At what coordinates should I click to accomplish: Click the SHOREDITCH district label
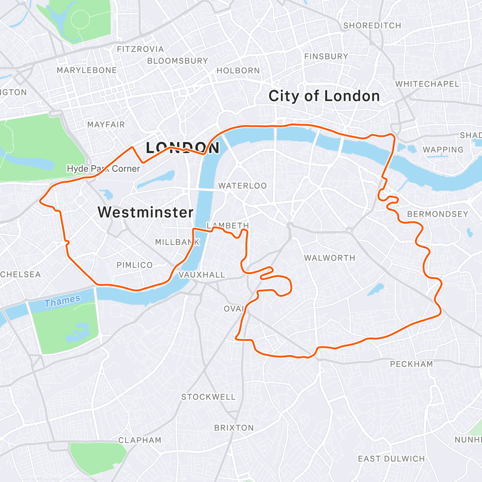(372, 26)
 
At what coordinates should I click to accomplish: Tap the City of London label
(324, 96)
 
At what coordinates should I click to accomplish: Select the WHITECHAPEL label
(427, 84)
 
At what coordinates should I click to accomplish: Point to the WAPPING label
(443, 150)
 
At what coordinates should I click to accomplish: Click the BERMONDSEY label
(437, 214)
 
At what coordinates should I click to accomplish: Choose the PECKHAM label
(411, 364)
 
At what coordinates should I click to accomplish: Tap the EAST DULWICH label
(391, 459)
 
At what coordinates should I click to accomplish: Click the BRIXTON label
(234, 428)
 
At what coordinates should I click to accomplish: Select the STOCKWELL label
(208, 397)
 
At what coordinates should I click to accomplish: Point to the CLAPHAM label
(139, 440)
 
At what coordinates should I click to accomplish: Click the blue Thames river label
(62, 301)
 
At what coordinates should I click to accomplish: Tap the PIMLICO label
(135, 265)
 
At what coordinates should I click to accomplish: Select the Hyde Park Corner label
(103, 169)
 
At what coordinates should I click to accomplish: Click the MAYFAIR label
(106, 125)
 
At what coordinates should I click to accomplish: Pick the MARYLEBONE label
(86, 70)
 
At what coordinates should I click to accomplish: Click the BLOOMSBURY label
(178, 61)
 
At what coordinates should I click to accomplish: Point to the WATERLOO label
(242, 186)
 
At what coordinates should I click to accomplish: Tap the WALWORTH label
(329, 258)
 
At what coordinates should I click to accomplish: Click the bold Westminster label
(145, 212)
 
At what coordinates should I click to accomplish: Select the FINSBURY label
(326, 57)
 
